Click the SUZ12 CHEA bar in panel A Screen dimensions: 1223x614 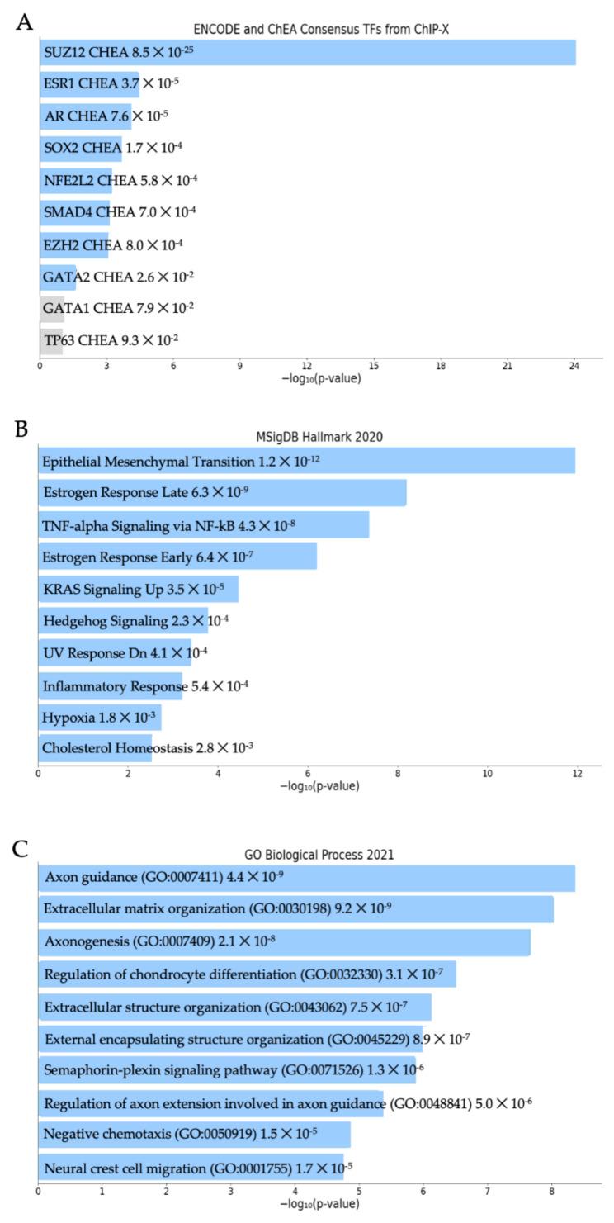[307, 53]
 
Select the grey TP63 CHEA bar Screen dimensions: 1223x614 [51, 340]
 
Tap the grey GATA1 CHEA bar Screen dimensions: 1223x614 [52, 308]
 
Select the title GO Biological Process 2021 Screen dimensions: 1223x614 [319, 856]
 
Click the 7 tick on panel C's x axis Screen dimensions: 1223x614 [488, 1192]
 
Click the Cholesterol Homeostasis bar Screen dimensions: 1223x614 [95, 748]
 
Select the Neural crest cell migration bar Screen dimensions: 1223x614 [191, 1167]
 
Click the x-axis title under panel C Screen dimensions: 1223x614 [319, 1206]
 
